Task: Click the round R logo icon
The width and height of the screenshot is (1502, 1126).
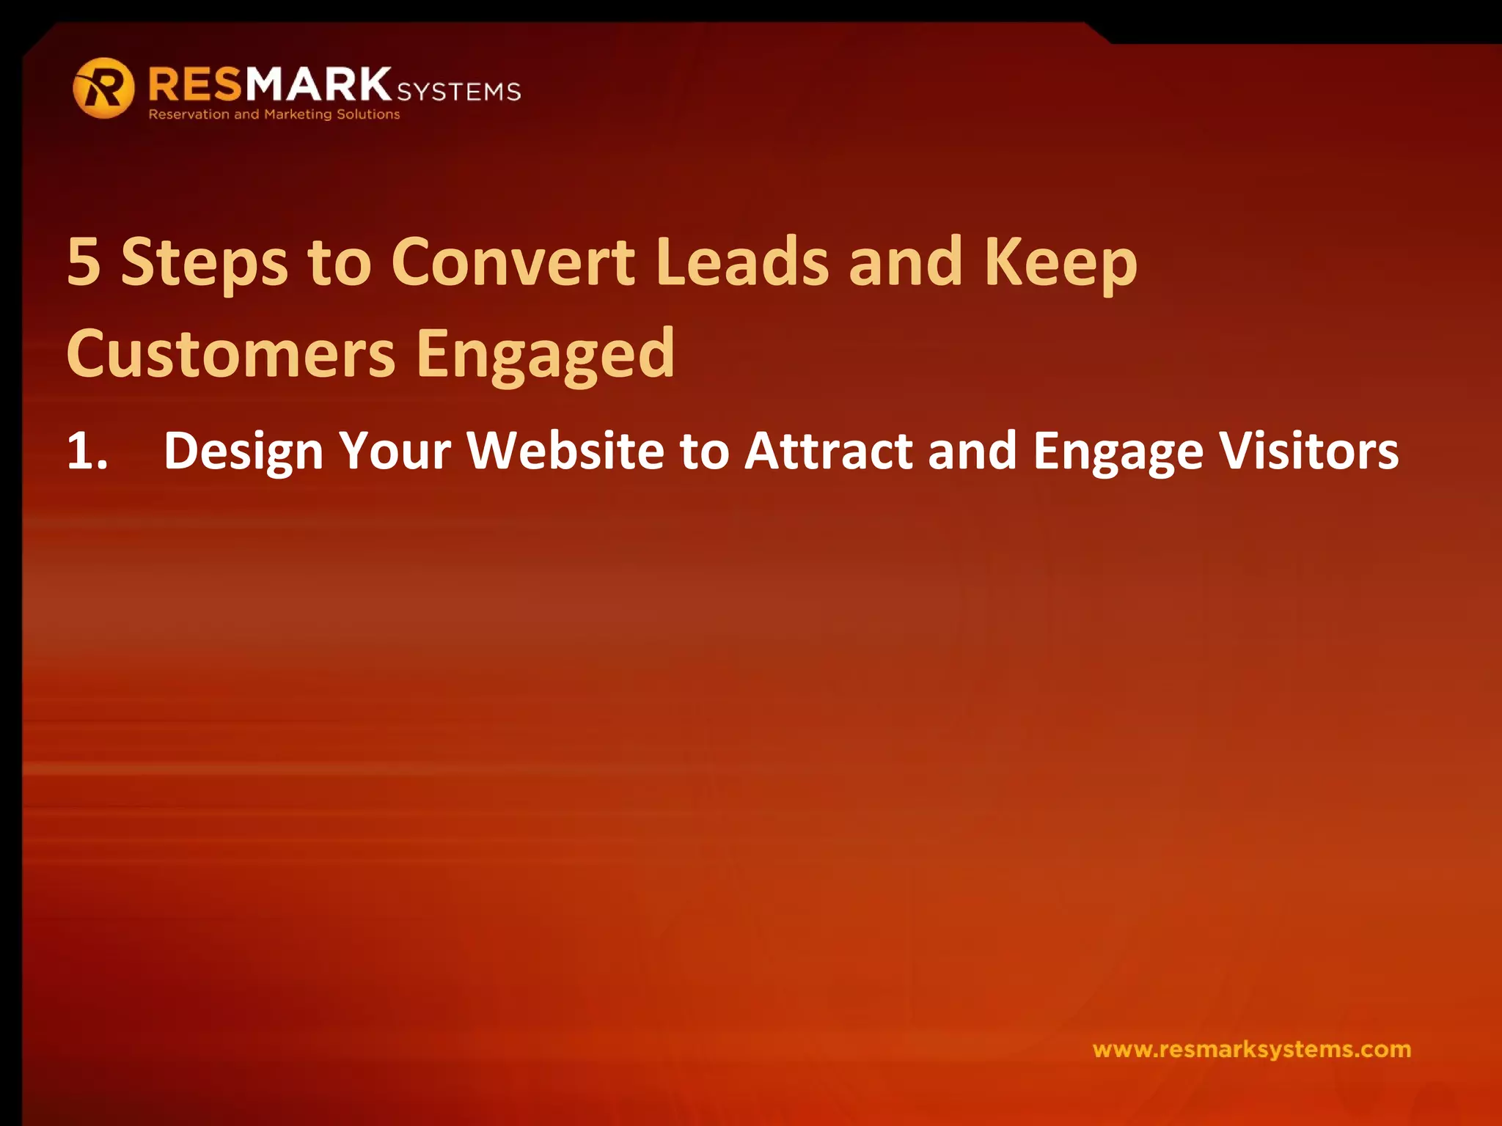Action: tap(103, 88)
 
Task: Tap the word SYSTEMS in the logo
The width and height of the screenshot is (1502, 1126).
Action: tap(458, 92)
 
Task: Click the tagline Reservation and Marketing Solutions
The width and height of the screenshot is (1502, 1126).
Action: tap(274, 114)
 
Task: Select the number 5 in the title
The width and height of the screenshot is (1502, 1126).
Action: tap(84, 262)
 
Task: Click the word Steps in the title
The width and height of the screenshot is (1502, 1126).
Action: tap(205, 264)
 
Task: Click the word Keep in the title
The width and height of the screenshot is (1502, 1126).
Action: tap(1060, 264)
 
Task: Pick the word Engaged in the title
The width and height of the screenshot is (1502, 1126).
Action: tap(546, 356)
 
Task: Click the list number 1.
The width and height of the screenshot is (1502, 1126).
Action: tap(87, 450)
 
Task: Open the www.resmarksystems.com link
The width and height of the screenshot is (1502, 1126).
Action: tap(1251, 1049)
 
